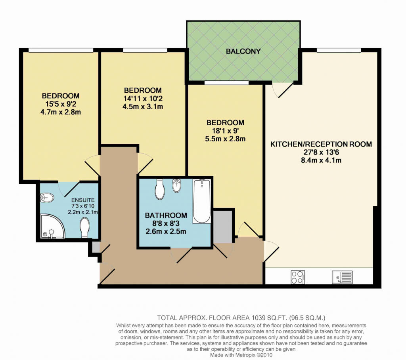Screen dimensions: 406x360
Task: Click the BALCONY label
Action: click(x=243, y=51)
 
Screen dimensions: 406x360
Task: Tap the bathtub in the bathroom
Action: click(x=202, y=201)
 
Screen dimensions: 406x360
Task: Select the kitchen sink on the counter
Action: click(x=342, y=277)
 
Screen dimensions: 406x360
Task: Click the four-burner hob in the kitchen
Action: click(x=298, y=277)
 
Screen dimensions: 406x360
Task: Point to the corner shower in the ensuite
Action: click(x=52, y=226)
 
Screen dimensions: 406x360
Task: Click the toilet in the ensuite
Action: click(x=85, y=228)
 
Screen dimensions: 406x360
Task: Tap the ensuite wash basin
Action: click(x=47, y=198)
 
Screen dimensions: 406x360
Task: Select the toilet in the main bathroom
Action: click(x=160, y=190)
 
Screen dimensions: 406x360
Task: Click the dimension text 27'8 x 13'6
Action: click(x=321, y=152)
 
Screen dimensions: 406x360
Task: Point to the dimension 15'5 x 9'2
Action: click(x=61, y=104)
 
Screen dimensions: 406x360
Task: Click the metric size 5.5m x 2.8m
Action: click(x=225, y=139)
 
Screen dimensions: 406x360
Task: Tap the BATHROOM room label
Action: click(x=166, y=215)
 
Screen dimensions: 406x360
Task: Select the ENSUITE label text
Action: click(x=83, y=200)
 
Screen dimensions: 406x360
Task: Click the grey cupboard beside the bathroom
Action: click(x=223, y=227)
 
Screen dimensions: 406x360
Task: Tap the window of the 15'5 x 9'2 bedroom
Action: click(x=61, y=50)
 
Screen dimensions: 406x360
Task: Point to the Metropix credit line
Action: click(x=241, y=355)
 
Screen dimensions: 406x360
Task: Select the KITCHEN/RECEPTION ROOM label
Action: click(x=321, y=144)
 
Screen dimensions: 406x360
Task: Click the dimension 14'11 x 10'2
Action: click(x=143, y=99)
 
